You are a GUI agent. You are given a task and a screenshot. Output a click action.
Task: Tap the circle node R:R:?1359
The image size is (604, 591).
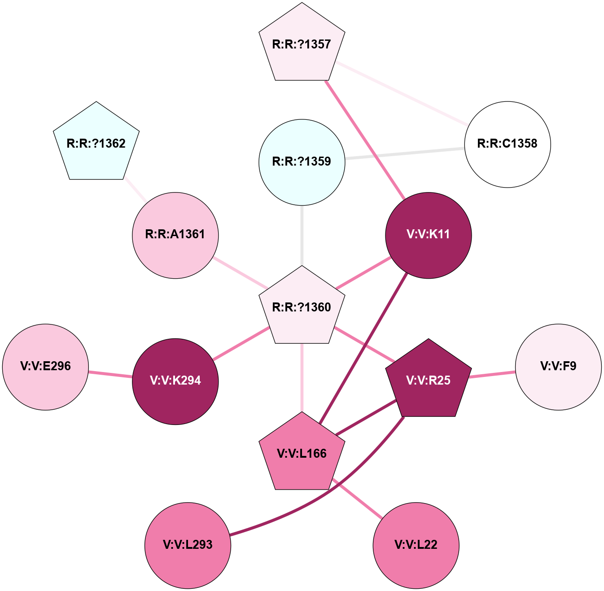pyautogui.click(x=302, y=162)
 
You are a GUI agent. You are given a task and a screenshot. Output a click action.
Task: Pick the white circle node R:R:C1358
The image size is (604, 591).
pyautogui.click(x=507, y=144)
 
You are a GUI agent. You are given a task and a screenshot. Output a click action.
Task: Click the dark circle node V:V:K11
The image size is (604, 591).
pyautogui.click(x=428, y=235)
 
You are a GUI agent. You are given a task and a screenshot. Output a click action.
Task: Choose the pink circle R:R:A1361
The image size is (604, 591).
pyautogui.click(x=175, y=235)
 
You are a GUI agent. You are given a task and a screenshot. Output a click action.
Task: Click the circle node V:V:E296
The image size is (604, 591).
pyautogui.click(x=45, y=367)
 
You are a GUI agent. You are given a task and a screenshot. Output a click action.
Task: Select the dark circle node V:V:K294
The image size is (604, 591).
pyautogui.click(x=175, y=381)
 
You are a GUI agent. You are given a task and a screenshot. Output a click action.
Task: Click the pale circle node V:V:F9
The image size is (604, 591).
pyautogui.click(x=558, y=367)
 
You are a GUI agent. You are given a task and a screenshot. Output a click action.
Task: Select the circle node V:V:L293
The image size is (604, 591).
pyautogui.click(x=188, y=545)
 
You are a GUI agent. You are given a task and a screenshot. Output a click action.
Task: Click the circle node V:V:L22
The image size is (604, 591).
pyautogui.click(x=416, y=545)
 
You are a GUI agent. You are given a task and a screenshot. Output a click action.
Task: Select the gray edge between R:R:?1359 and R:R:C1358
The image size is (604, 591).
pyautogui.click(x=404, y=153)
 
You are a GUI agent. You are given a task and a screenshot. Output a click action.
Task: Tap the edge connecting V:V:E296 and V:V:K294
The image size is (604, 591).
pyautogui.click(x=110, y=374)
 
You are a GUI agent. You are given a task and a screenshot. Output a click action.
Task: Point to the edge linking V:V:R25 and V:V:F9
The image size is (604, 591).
pyautogui.click(x=492, y=374)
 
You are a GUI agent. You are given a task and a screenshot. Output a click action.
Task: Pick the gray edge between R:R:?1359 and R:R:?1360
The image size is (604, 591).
pyautogui.click(x=302, y=236)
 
